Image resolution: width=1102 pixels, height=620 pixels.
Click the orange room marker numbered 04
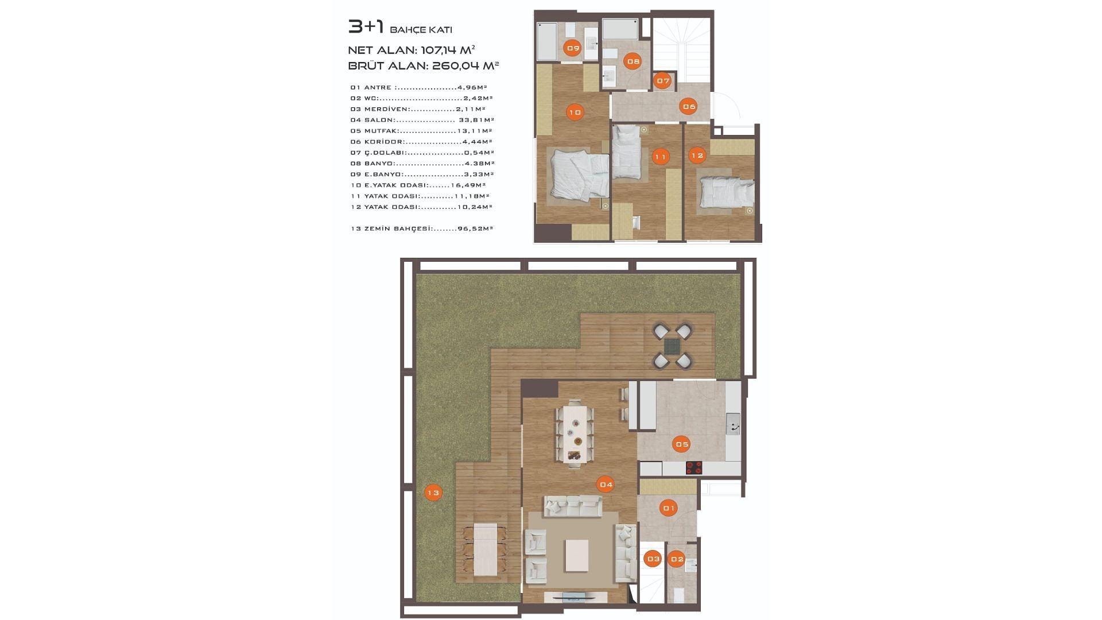pyautogui.click(x=606, y=485)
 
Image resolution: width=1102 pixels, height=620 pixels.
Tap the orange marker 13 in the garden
pyautogui.click(x=433, y=493)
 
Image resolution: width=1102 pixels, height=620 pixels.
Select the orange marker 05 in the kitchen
pyautogui.click(x=682, y=444)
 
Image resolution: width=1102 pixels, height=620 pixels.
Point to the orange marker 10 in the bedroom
pyautogui.click(x=575, y=112)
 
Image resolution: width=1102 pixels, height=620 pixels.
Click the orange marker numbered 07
pyautogui.click(x=663, y=81)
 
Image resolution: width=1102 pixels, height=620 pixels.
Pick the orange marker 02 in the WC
pyautogui.click(x=677, y=559)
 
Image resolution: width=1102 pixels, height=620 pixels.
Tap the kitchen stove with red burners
pyautogui.click(x=694, y=468)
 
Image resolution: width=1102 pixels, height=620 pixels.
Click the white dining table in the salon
pyautogui.click(x=575, y=433)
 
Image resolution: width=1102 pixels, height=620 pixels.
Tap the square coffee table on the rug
pyautogui.click(x=576, y=555)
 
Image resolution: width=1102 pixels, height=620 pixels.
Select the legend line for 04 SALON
pyautogui.click(x=422, y=120)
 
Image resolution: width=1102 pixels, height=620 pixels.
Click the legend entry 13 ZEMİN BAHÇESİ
pyautogui.click(x=422, y=228)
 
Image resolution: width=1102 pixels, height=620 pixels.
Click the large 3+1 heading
pyautogui.click(x=366, y=26)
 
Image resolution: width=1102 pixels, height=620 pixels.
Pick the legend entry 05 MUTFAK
pyautogui.click(x=421, y=131)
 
